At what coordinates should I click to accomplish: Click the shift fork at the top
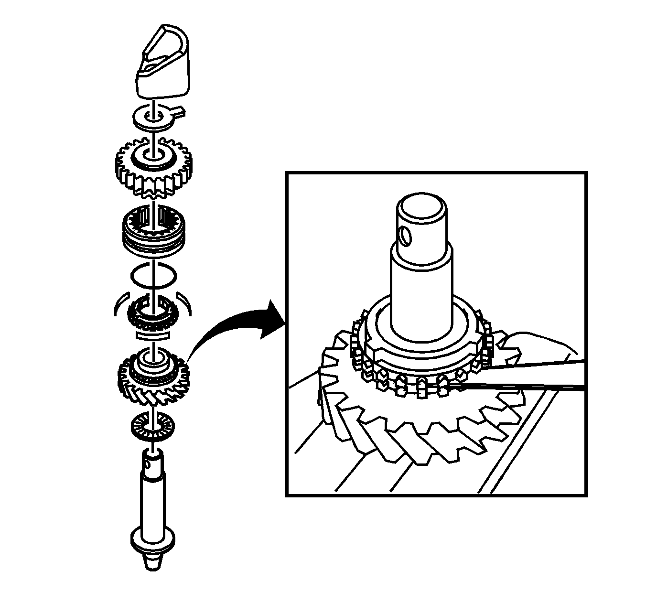[162, 62]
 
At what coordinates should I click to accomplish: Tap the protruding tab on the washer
[179, 112]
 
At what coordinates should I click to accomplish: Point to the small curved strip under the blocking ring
[152, 335]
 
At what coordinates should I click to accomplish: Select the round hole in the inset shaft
[405, 236]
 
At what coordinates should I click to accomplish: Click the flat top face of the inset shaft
[422, 207]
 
